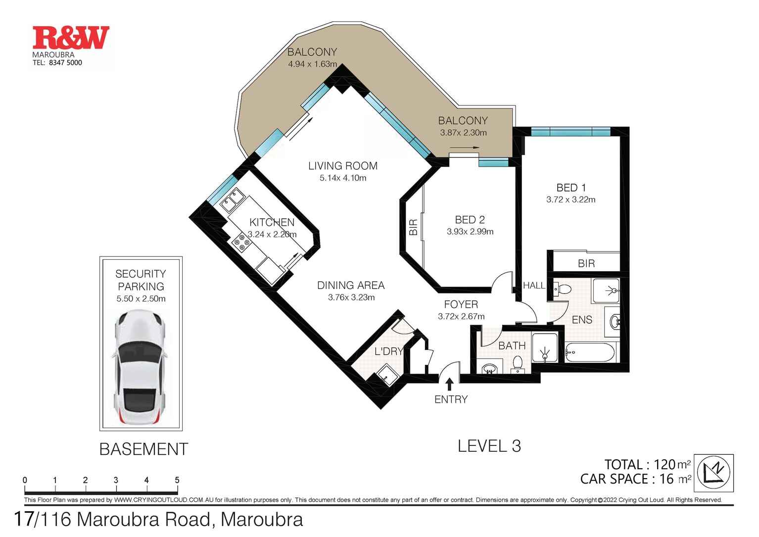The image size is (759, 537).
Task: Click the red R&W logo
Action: (71, 37)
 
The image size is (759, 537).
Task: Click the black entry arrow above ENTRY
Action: (449, 385)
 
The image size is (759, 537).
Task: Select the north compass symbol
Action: (713, 473)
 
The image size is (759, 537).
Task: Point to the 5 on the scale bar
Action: (177, 480)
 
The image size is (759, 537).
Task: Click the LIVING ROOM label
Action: (342, 166)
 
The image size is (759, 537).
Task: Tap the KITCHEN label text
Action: (272, 222)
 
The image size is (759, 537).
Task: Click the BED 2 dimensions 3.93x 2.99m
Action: (470, 232)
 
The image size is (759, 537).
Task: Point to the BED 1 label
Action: (571, 188)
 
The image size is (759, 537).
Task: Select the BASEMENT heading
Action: (143, 449)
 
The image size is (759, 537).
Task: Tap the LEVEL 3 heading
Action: (489, 446)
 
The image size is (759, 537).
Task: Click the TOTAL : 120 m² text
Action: (648, 464)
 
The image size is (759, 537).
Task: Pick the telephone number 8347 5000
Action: (65, 63)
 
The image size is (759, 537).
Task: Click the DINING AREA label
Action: (351, 286)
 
